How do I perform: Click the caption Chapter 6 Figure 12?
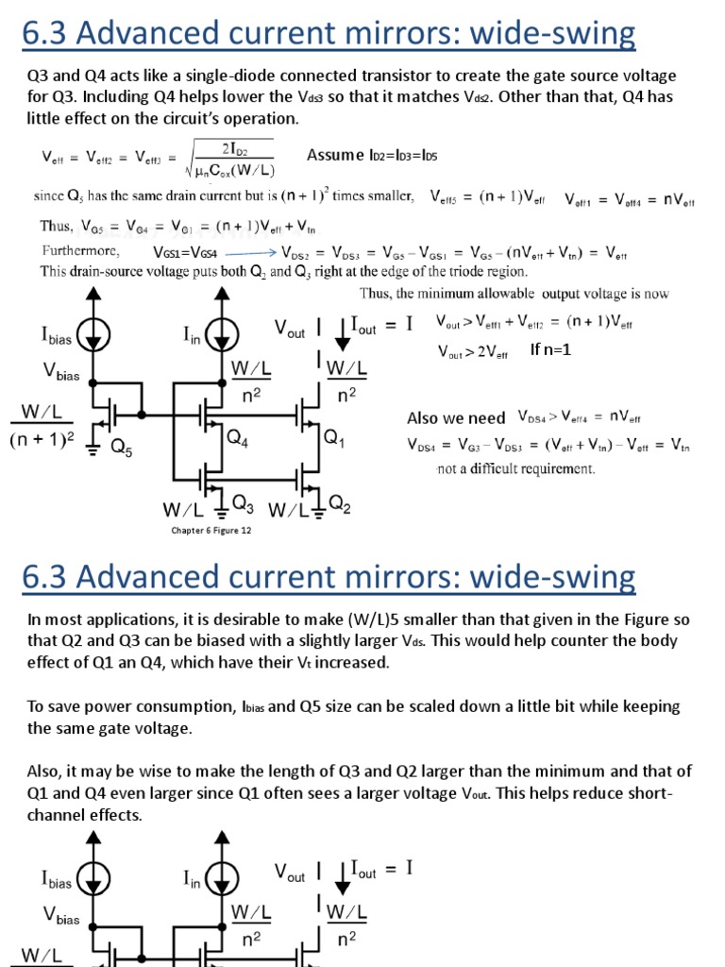tap(211, 530)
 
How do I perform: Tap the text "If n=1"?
tap(551, 349)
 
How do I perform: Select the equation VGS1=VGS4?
tap(185, 253)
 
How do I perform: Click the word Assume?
tap(335, 155)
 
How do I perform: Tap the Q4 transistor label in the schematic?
tap(238, 437)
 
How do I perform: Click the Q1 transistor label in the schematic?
tap(335, 437)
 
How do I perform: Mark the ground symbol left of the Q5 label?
tap(93, 449)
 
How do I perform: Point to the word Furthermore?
tap(80, 252)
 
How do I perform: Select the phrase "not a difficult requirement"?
tap(515, 468)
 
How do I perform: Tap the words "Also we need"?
tap(456, 417)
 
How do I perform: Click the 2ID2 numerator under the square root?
tap(235, 148)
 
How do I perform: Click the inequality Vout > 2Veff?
tap(472, 352)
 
